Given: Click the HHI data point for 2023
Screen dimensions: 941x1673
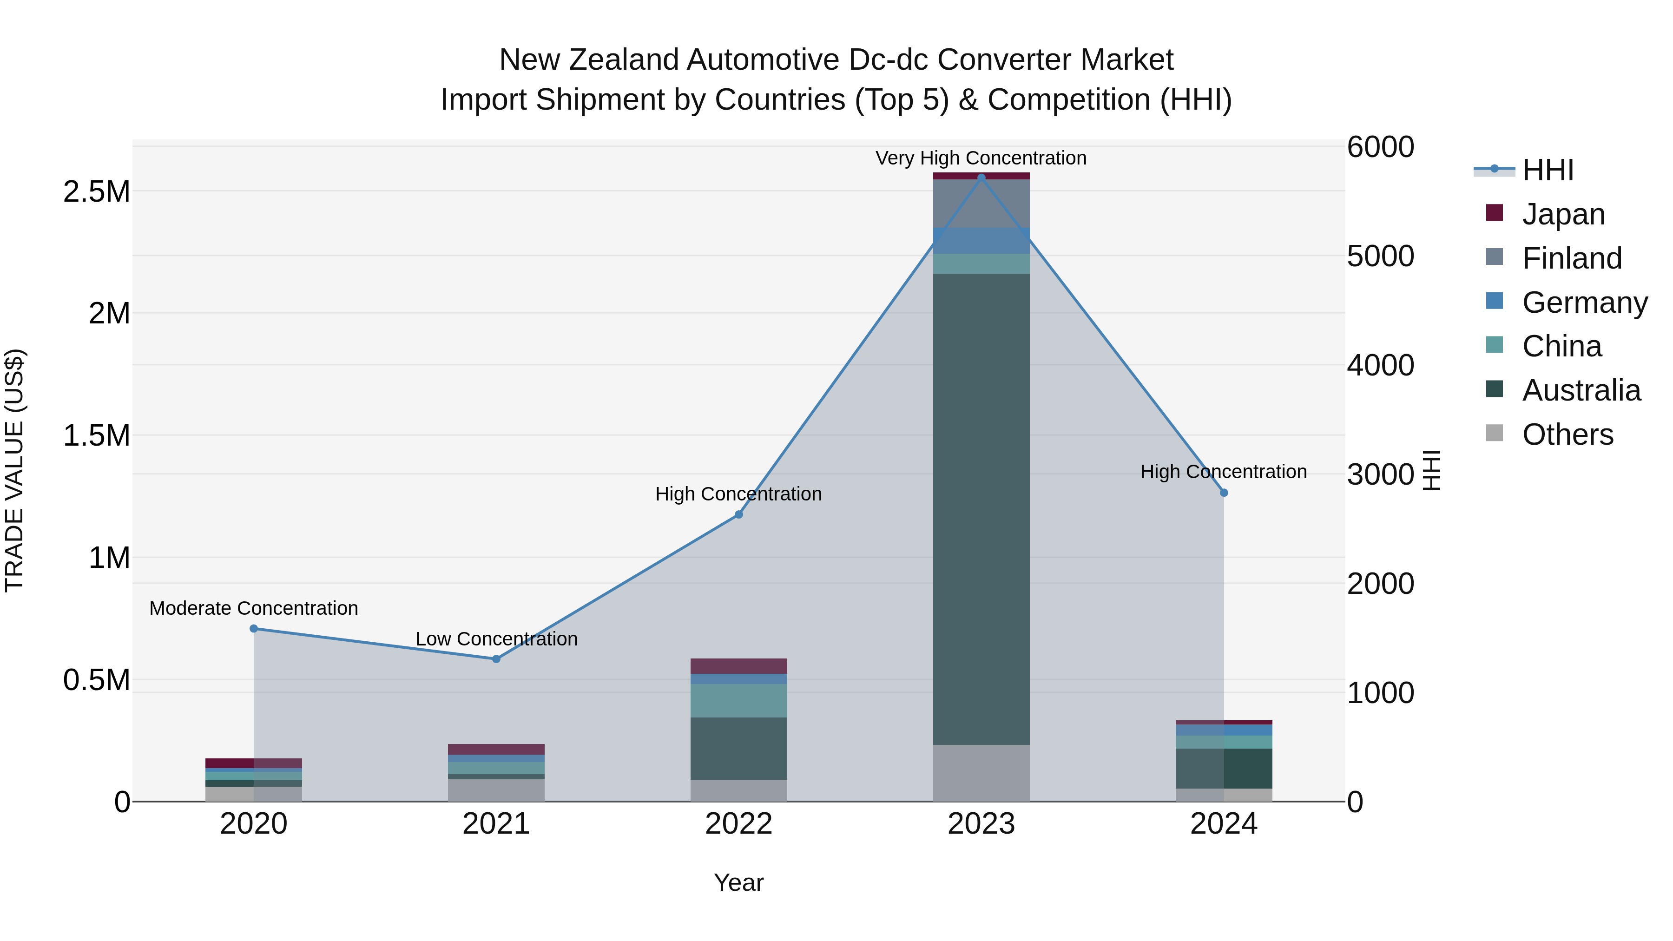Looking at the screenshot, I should [x=981, y=178].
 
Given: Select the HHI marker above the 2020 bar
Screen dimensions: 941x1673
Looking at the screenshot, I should [x=254, y=629].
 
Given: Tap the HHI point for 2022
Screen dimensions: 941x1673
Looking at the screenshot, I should [x=738, y=514].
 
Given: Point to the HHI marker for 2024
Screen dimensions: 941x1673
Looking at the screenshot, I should [x=1224, y=493].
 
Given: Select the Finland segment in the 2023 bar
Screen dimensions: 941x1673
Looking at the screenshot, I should [x=981, y=203].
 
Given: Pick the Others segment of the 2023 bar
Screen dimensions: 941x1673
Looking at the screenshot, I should [x=981, y=773].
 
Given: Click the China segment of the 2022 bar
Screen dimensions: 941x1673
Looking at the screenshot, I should [x=738, y=700].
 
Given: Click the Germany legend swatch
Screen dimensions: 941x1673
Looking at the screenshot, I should [x=1495, y=301].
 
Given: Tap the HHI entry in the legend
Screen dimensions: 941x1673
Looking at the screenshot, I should [x=1548, y=170].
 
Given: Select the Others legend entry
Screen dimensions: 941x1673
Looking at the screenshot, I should [x=1567, y=434].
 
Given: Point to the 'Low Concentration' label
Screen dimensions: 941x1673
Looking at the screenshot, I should [x=496, y=639].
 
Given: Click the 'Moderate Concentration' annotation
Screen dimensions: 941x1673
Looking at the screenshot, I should [x=253, y=608].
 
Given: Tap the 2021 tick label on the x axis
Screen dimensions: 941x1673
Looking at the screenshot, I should [x=496, y=824].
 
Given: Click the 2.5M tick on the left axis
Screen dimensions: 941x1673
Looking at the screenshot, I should [x=96, y=191].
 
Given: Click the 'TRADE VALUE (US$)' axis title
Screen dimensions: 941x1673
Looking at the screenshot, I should [x=14, y=470].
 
